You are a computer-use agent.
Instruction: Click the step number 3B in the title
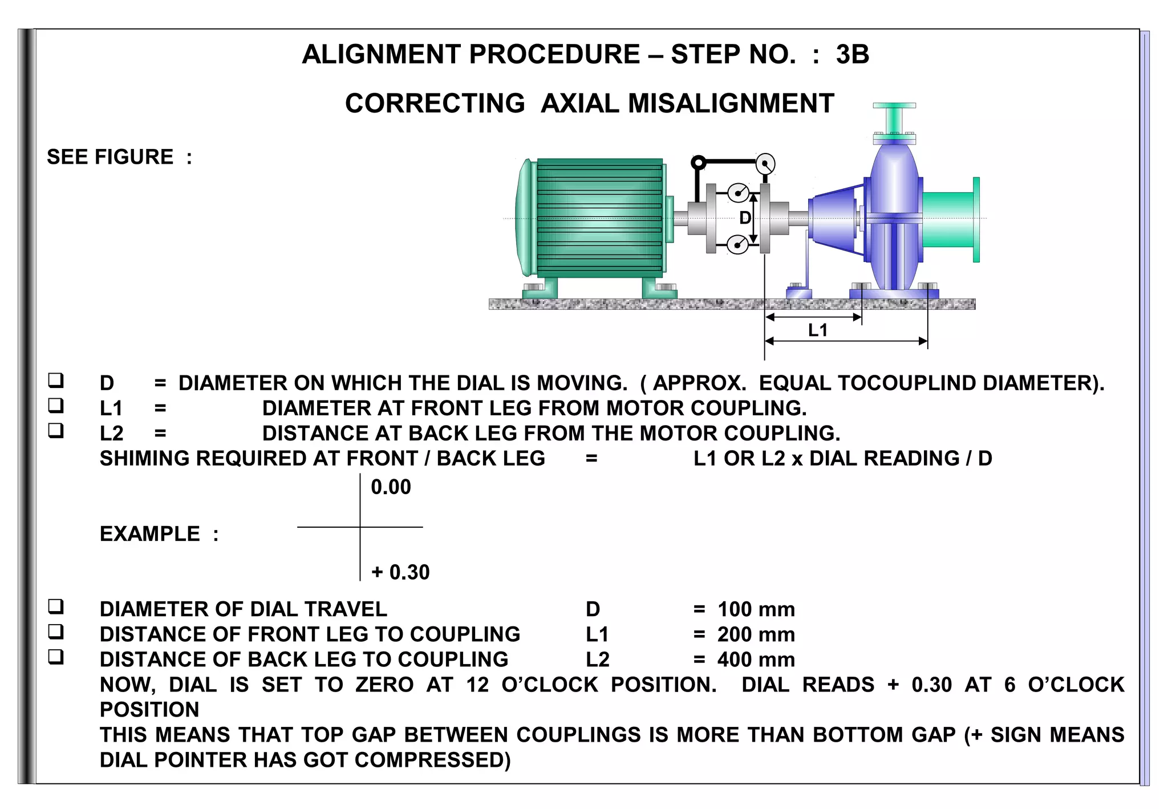pos(852,55)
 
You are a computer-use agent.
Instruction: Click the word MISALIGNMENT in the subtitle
pos(731,104)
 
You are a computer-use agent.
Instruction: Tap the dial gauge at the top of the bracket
pos(765,164)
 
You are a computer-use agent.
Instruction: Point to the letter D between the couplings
pos(745,218)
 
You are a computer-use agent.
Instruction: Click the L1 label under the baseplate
pos(818,330)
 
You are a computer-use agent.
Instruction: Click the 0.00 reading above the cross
pos(391,487)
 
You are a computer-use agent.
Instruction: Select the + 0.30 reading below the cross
pos(400,572)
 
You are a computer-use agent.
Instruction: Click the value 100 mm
pos(756,609)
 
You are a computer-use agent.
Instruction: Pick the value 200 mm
pos(756,634)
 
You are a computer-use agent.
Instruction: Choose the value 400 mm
pos(756,660)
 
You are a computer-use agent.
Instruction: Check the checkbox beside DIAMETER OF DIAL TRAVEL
pos(55,606)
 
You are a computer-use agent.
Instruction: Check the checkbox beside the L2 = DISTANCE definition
pos(55,430)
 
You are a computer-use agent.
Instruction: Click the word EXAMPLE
pos(150,534)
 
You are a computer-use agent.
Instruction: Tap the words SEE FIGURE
pos(110,157)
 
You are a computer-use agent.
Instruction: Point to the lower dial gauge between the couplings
pos(738,245)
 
